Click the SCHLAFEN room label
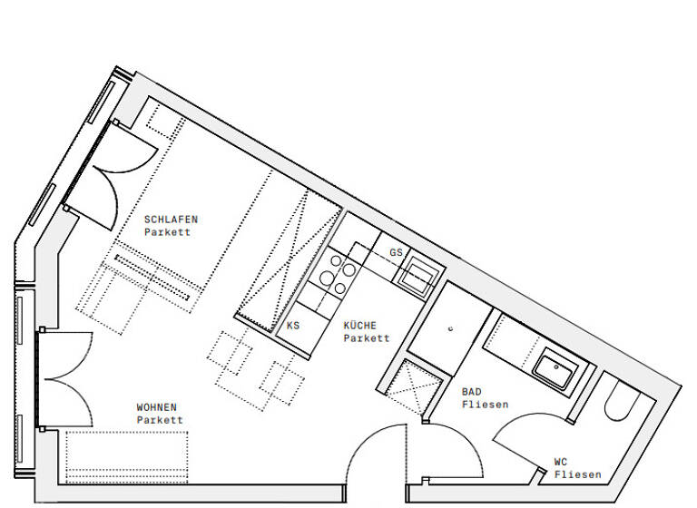pos(171,219)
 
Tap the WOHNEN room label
pos(157,407)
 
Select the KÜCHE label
pos(360,325)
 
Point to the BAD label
pos(471,392)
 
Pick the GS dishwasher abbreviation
pos(396,251)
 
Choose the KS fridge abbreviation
pos(293,325)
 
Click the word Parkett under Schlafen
pos(167,232)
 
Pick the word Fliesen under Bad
pos(485,405)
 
